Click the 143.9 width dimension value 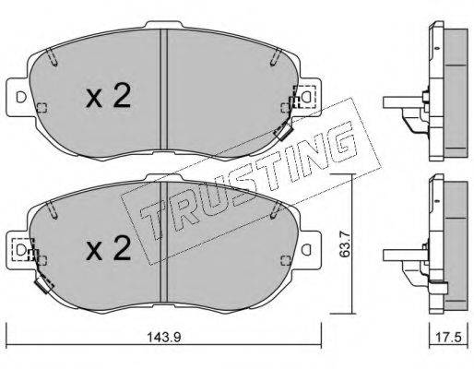pos(164,338)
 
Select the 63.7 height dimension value pos(343,243)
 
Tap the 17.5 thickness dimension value pos(448,338)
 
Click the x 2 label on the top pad pos(108,95)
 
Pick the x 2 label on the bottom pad pos(108,247)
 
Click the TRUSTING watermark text pos(246,182)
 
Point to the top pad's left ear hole pos(21,97)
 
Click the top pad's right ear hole pos(306,97)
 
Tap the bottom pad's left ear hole pos(21,249)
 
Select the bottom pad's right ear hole pos(306,249)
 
